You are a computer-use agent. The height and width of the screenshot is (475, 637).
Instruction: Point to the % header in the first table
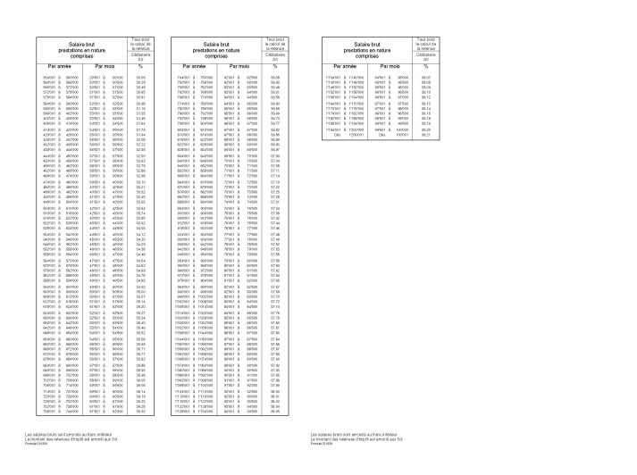tap(140, 66)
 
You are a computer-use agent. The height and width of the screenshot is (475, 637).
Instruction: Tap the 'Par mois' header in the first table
tap(100, 66)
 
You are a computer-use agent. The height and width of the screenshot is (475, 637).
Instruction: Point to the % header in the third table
tap(425, 66)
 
